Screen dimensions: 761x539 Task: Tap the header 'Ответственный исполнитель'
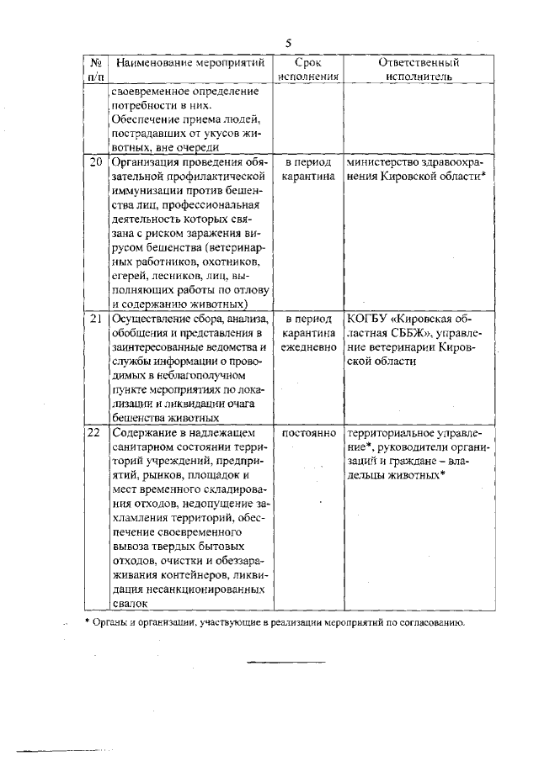(419, 69)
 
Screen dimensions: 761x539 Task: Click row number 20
(96, 161)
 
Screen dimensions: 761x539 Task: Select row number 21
(96, 320)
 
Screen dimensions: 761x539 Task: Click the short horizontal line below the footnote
(285, 662)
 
